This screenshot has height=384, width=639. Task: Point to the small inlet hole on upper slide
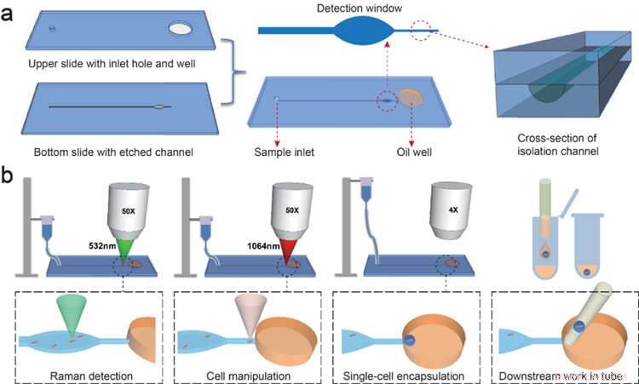pyautogui.click(x=52, y=29)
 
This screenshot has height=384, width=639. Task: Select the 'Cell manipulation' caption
pyautogui.click(x=245, y=374)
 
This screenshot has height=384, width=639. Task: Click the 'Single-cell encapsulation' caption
pyautogui.click(x=405, y=374)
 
